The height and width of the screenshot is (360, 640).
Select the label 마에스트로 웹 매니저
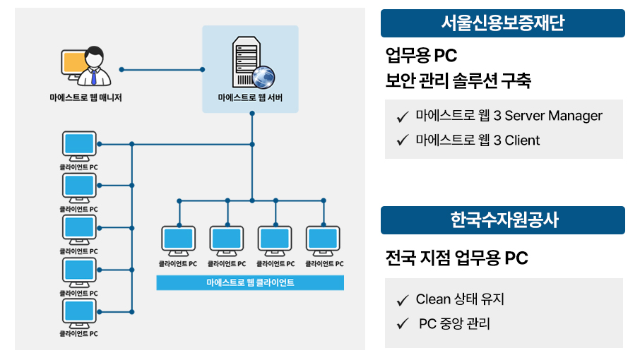point(90,98)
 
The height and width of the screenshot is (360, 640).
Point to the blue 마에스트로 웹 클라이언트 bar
point(250,282)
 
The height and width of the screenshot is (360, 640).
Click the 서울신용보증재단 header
point(502,23)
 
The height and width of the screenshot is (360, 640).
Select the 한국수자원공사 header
point(502,220)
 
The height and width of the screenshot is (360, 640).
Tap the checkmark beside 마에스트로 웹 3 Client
point(403,140)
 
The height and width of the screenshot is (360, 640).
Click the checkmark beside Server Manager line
point(403,116)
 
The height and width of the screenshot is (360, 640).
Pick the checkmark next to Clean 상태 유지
point(403,300)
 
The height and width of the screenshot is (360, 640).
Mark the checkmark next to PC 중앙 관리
point(403,324)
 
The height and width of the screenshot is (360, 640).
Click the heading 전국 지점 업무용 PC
point(456,258)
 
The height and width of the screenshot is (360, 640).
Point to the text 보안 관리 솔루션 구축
point(458,80)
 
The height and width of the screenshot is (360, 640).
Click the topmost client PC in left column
point(79,145)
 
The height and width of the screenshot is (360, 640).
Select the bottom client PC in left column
point(79,312)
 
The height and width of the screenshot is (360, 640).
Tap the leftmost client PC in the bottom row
point(178,240)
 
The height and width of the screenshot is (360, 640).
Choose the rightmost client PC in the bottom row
point(324,240)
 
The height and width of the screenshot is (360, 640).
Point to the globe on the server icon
point(263,76)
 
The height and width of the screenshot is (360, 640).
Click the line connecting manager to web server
point(162,69)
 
